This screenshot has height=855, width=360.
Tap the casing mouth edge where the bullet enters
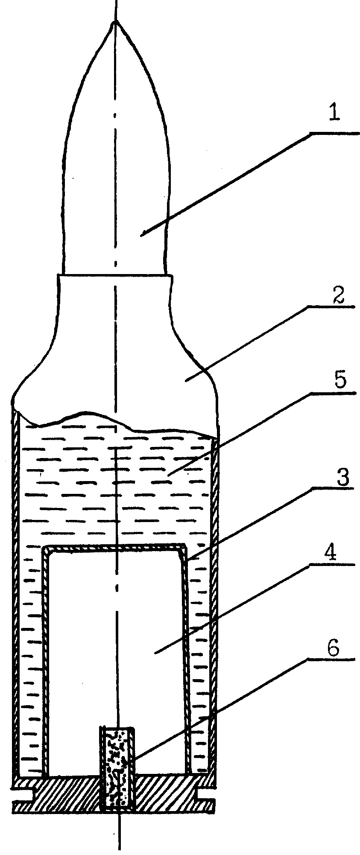[115, 274]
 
